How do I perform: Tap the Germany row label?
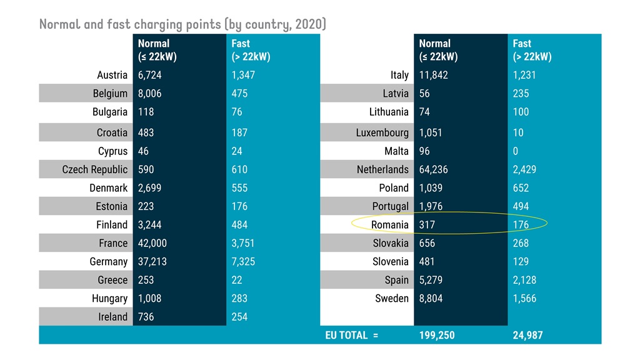[108, 262]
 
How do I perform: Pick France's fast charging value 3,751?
[244, 243]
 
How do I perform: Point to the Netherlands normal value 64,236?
[434, 169]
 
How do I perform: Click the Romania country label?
[389, 225]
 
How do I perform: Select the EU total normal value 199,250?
[437, 336]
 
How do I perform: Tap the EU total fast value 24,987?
[528, 336]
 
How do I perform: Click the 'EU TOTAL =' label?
[352, 336]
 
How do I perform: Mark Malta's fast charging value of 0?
[516, 151]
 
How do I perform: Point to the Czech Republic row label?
[95, 169]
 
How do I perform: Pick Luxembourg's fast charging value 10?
[518, 132]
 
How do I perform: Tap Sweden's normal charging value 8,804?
[431, 299]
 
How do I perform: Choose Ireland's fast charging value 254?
[239, 317]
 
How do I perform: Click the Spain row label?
[396, 280]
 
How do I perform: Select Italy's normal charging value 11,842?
[434, 75]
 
